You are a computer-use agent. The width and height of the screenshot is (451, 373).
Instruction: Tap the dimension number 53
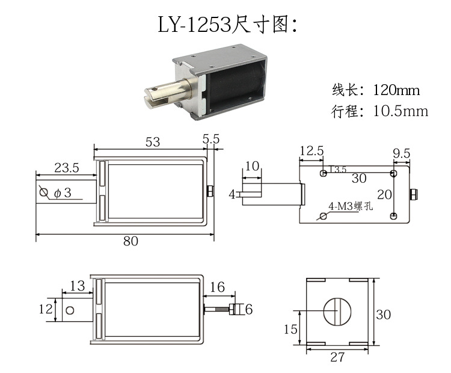[x=153, y=141]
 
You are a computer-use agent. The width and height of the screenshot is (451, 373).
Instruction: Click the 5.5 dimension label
[x=211, y=138]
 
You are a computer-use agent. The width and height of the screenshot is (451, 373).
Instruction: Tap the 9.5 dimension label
[x=401, y=153]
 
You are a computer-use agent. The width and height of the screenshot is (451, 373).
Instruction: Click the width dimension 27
[x=337, y=357]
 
